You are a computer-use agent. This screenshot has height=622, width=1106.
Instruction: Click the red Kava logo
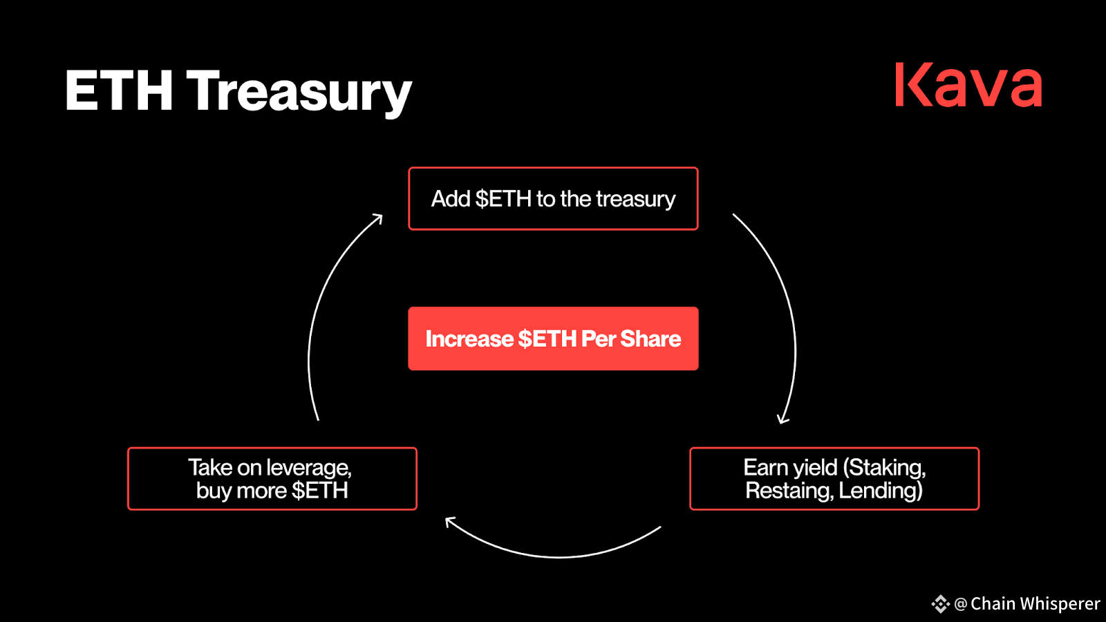coord(968,84)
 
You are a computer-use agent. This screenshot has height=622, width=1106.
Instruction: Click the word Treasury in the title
coord(299,93)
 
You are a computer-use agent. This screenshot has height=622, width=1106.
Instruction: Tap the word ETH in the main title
coord(119,90)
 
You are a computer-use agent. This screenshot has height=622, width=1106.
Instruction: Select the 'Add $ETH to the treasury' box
coord(553,198)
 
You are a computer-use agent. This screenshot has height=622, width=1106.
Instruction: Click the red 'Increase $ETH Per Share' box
coord(553,339)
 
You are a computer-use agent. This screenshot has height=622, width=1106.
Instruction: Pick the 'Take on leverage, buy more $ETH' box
coord(272,479)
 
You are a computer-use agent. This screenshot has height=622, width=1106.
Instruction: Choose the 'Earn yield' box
coord(834,479)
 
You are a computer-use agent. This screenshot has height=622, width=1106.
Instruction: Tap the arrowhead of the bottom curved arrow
coord(450,521)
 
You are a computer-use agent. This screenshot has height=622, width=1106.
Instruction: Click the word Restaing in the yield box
coord(788,491)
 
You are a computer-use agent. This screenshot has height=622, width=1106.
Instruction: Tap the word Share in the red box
coord(650,339)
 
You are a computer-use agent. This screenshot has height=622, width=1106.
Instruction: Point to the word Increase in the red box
coord(469,339)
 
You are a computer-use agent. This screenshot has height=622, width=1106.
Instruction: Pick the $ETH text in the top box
coord(503,198)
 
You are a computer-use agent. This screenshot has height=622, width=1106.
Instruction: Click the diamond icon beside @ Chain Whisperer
coord(940,604)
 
